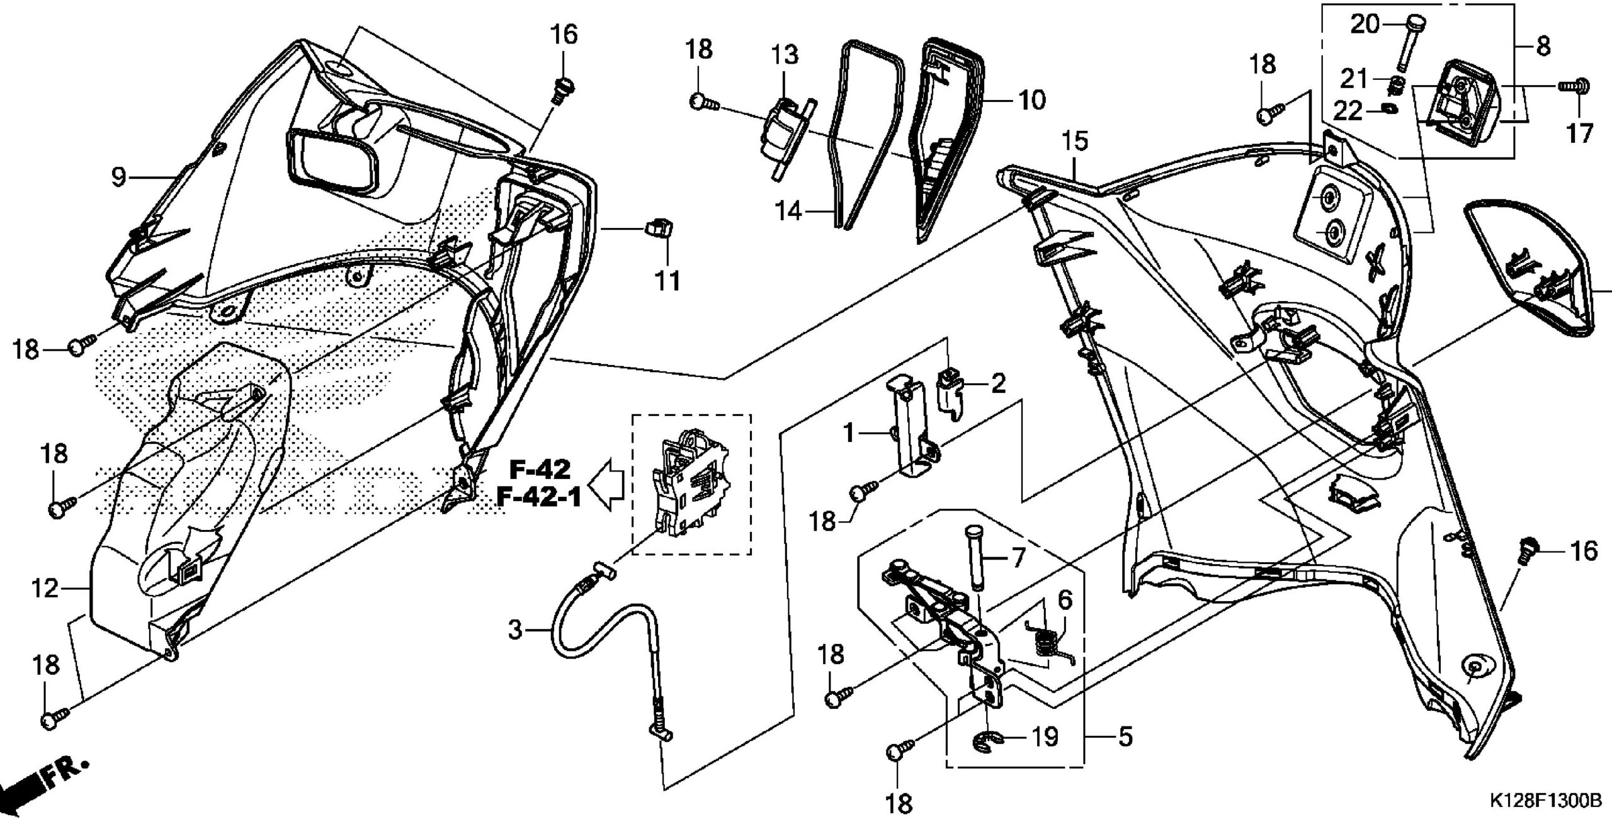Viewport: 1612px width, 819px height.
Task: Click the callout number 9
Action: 118,177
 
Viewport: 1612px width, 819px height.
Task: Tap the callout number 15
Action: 1076,142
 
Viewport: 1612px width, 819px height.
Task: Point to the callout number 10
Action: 1031,99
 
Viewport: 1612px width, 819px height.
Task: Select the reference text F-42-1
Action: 538,498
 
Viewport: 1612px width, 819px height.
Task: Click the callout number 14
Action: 788,210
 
